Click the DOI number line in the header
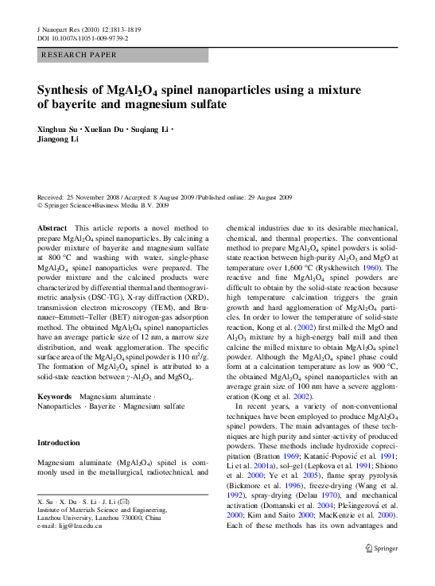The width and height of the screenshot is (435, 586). (x=84, y=37)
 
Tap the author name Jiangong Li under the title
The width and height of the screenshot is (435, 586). (x=58, y=139)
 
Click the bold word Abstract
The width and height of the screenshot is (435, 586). (x=52, y=227)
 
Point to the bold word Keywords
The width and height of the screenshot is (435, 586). (x=55, y=395)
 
